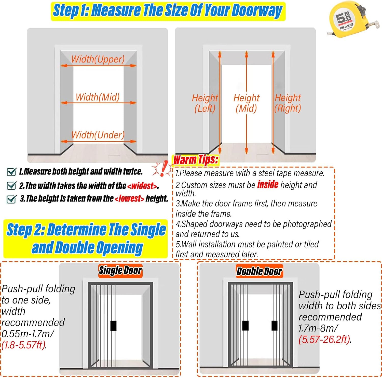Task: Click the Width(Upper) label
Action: [98, 59]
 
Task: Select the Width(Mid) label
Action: [98, 97]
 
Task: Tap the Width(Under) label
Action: [98, 135]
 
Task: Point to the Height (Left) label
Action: [205, 103]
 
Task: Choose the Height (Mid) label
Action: [246, 103]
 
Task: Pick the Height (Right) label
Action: [288, 103]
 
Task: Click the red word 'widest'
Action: [142, 186]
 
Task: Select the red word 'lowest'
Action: [129, 198]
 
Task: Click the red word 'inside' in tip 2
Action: [268, 184]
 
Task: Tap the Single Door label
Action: [120, 270]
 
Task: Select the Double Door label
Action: [259, 271]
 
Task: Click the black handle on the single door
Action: [114, 326]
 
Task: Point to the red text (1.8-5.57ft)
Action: [24, 345]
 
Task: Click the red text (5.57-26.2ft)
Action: [325, 339]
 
